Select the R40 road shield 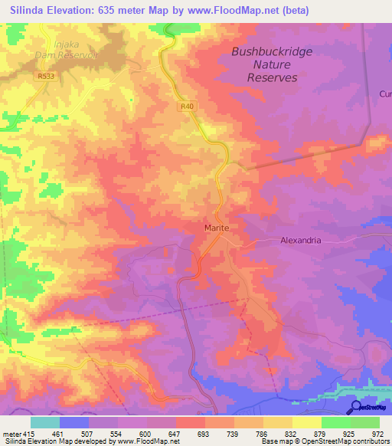(188, 107)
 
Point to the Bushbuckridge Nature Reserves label (272, 65)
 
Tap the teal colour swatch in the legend (45, 422)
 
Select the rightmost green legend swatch (365, 422)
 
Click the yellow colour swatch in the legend (307, 422)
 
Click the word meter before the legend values (11, 433)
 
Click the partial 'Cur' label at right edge (384, 93)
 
